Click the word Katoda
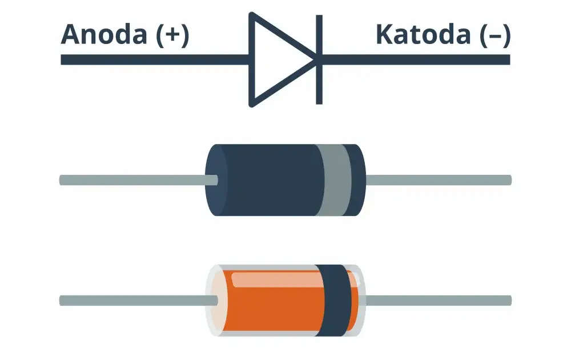(423, 34)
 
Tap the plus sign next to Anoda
(173, 35)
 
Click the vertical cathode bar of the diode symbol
(319, 60)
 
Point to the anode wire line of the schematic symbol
(155, 60)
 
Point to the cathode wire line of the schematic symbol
(416, 60)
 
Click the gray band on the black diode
(334, 180)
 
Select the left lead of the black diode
(138, 180)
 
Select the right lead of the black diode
(439, 180)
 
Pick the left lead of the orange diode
(138, 301)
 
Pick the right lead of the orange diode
(439, 301)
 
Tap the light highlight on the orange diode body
(277, 280)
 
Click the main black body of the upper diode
(271, 180)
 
